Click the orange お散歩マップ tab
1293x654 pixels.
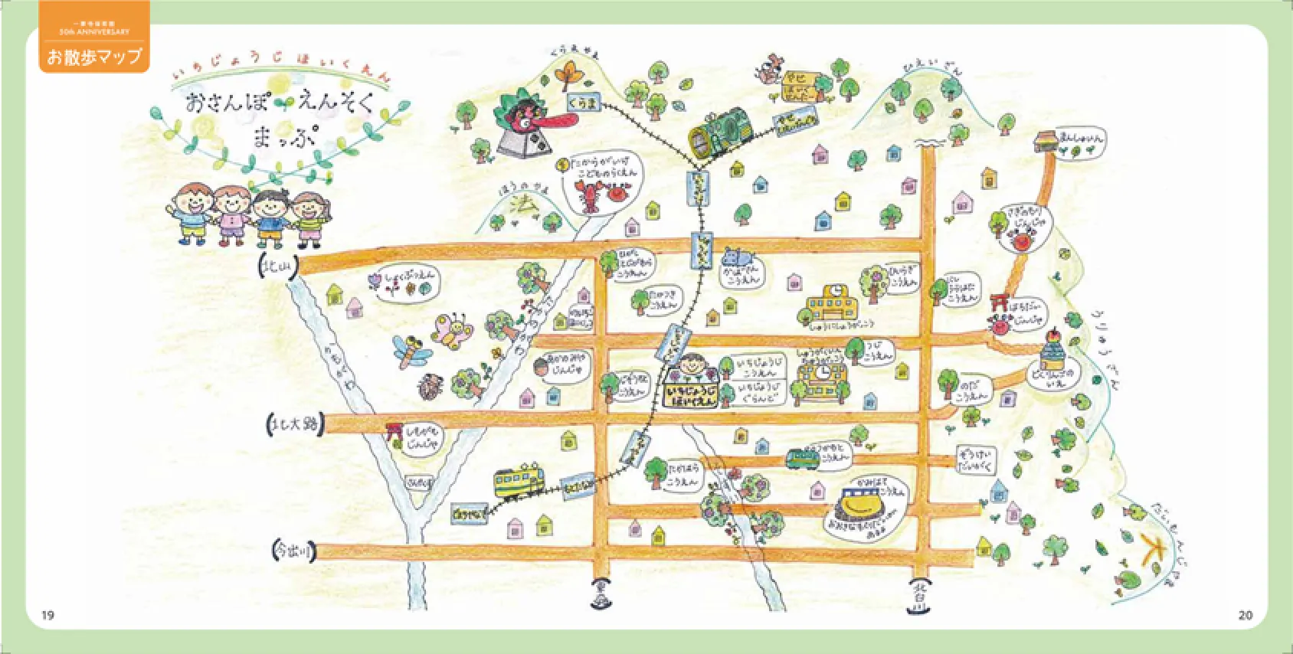coord(94,55)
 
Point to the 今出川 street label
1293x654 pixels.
coord(294,550)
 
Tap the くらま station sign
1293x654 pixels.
coord(584,102)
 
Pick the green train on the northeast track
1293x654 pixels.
coord(721,131)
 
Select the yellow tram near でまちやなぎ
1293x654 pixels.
coord(519,480)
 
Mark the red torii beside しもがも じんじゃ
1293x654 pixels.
coord(394,432)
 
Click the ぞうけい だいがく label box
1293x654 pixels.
coord(975,459)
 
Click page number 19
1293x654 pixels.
coord(47,615)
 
